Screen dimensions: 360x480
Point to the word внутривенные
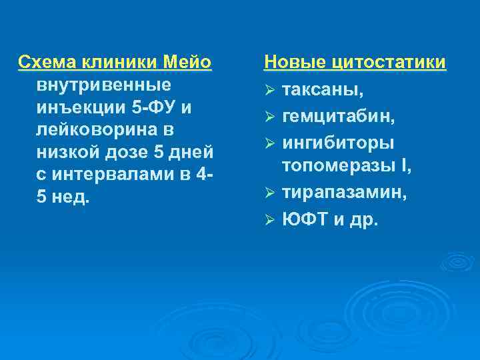pyautogui.click(x=101, y=85)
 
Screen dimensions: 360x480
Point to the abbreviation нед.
pyautogui.click(x=72, y=197)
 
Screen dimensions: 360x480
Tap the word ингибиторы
pyautogui.click(x=338, y=143)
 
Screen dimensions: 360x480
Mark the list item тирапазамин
pyautogui.click(x=345, y=193)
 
